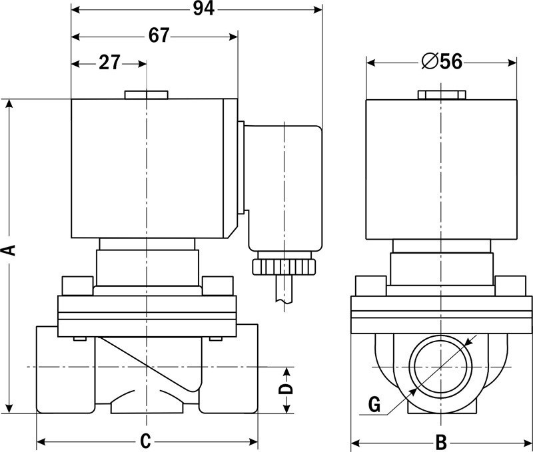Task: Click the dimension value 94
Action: coord(204,9)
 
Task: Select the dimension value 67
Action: coord(159,35)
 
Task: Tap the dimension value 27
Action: coord(109,63)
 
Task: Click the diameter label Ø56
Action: coord(442,61)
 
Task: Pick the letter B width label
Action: coord(441,442)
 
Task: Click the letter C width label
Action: coord(145,441)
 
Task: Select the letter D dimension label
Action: coord(286,389)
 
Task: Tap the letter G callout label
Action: coord(374,405)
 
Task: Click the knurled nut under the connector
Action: coord(284,267)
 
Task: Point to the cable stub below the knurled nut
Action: coord(284,288)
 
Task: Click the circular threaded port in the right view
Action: coord(441,367)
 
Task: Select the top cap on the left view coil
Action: coord(146,95)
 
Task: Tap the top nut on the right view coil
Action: coord(442,95)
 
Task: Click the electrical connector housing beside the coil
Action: coord(282,188)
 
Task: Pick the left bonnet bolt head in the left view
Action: coord(77,286)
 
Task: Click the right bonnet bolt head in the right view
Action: coord(510,286)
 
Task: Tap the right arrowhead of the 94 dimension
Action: coord(318,9)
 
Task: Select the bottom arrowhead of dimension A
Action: coord(9,409)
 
